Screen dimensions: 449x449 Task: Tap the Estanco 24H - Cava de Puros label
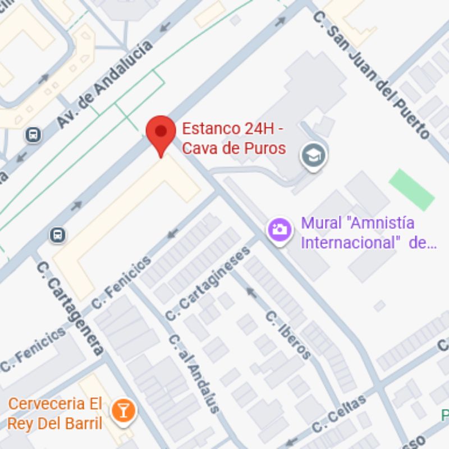[233, 138]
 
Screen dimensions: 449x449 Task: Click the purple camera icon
[280, 230]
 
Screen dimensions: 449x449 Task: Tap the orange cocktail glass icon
[123, 410]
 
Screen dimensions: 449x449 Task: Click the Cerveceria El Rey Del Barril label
[56, 413]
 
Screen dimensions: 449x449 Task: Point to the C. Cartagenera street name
[70, 308]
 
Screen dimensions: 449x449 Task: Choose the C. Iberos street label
[288, 335]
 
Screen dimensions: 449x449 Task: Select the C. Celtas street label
[339, 414]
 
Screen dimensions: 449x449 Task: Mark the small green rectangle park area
[412, 189]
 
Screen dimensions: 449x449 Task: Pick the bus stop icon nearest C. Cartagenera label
[57, 235]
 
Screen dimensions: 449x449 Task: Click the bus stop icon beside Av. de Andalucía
[34, 135]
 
